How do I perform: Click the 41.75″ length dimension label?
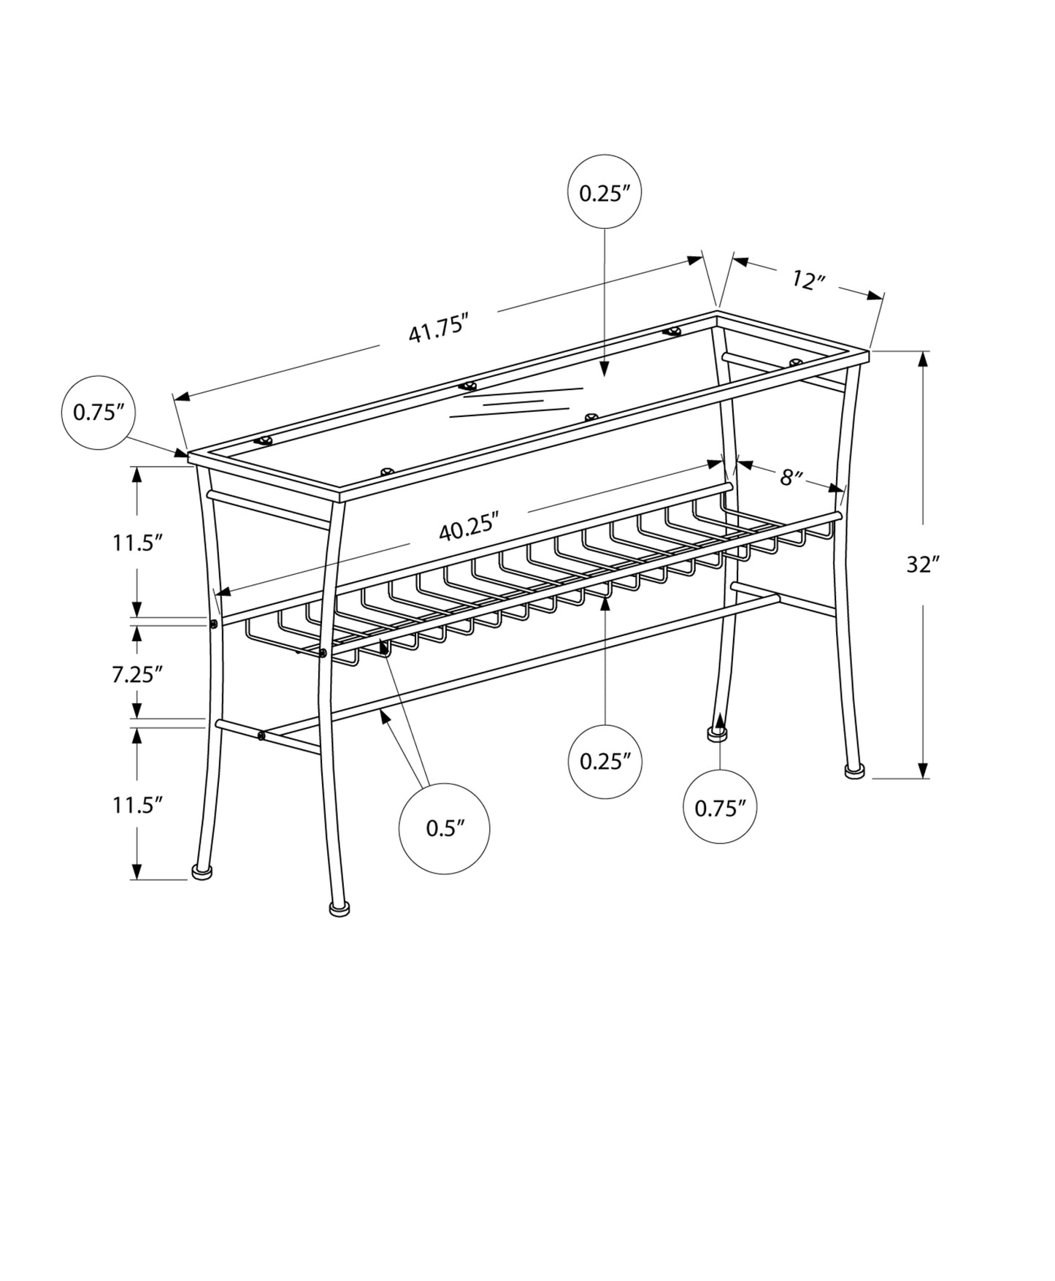[x=437, y=328]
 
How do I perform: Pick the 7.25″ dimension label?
[x=137, y=673]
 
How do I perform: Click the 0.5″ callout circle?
[x=445, y=828]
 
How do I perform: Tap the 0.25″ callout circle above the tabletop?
[x=605, y=194]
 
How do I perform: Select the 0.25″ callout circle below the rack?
[x=605, y=762]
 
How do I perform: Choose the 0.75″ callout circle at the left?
[x=99, y=413]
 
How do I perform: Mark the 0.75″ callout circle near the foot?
[x=720, y=807]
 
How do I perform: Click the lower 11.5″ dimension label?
[x=137, y=805]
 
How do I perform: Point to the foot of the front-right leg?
[x=339, y=909]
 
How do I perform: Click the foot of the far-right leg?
[x=852, y=770]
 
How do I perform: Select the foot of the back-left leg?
[x=717, y=733]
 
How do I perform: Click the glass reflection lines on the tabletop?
[x=516, y=402]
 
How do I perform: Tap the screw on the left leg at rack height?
[x=213, y=624]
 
